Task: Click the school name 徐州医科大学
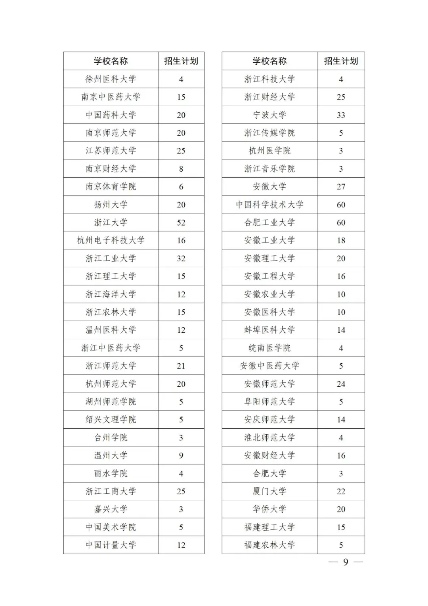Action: click(x=111, y=79)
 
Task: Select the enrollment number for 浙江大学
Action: click(x=181, y=222)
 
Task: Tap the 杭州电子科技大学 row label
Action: click(x=111, y=240)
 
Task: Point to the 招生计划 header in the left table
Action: click(x=181, y=61)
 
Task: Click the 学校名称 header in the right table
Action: click(x=269, y=61)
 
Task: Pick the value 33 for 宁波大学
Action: click(x=341, y=115)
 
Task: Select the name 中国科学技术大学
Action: click(x=269, y=205)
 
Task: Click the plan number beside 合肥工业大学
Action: click(x=341, y=222)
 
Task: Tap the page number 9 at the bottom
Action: click(x=346, y=562)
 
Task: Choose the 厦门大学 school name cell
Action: click(x=269, y=491)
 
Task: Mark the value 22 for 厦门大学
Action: click(x=341, y=491)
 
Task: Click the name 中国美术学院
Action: click(x=111, y=527)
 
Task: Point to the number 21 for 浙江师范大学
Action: click(x=181, y=366)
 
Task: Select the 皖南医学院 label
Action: click(x=269, y=348)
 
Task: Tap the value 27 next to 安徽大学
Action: click(x=341, y=186)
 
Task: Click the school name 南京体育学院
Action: click(x=111, y=186)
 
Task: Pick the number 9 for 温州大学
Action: click(x=181, y=456)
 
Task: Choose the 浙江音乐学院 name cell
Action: click(x=269, y=169)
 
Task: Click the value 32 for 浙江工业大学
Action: click(x=181, y=259)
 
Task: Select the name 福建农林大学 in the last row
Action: click(x=269, y=545)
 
